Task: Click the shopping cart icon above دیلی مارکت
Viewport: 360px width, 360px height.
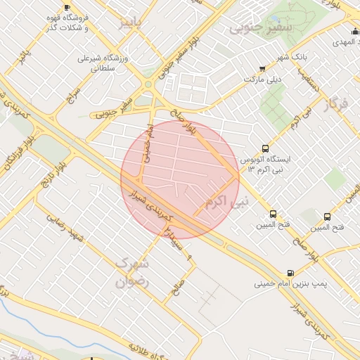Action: point(262,69)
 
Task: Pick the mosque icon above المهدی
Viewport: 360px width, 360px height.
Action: point(354,32)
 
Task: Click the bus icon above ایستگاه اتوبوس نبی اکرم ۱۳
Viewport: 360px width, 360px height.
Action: point(265,148)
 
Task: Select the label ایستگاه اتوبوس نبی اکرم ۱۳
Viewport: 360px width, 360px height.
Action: point(268,165)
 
